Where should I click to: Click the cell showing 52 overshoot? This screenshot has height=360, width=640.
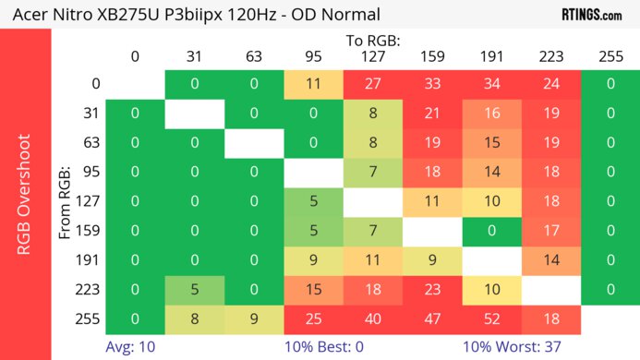(x=491, y=319)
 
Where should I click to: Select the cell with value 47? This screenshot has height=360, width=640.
(x=432, y=319)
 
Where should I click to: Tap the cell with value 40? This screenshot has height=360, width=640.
(x=372, y=319)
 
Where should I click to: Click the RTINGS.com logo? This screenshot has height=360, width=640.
(x=591, y=14)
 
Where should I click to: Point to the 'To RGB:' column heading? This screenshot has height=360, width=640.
(x=372, y=42)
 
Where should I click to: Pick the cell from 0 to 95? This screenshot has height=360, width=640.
(x=313, y=84)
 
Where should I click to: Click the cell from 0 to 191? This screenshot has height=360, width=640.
(x=491, y=84)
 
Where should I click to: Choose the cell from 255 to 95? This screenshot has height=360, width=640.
(x=313, y=319)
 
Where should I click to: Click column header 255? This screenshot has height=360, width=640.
(x=610, y=56)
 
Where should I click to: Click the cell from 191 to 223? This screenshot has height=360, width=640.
(x=550, y=260)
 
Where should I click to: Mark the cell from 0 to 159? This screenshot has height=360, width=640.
(x=432, y=84)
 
